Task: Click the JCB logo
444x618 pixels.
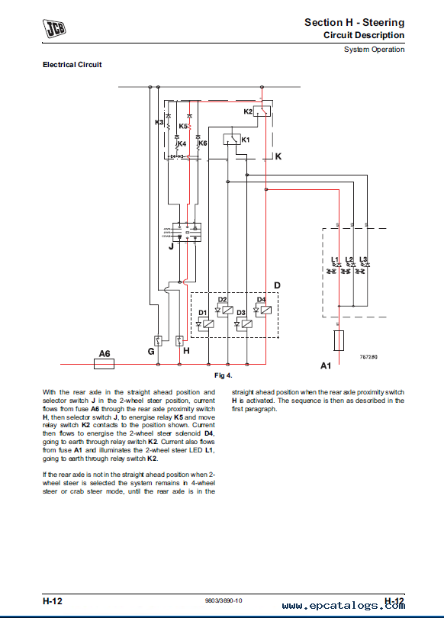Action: pyautogui.click(x=54, y=28)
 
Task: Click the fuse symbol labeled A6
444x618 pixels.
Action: pyautogui.click(x=104, y=364)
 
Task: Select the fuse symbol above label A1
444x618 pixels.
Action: pyautogui.click(x=339, y=340)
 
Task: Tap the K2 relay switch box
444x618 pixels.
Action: pyautogui.click(x=262, y=111)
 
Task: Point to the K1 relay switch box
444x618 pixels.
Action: pyautogui.click(x=232, y=139)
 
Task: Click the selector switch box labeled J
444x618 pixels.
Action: pyautogui.click(x=187, y=232)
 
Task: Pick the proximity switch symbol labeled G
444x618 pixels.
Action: pyautogui.click(x=158, y=341)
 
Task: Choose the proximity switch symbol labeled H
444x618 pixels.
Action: pyautogui.click(x=179, y=341)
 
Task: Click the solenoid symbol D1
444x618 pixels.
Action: pyautogui.click(x=205, y=324)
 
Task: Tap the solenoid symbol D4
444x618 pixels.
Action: pyautogui.click(x=262, y=311)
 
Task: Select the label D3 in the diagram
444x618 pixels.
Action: pyautogui.click(x=241, y=313)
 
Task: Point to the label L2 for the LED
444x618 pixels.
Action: pyautogui.click(x=349, y=259)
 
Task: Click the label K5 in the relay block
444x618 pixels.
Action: pyautogui.click(x=183, y=126)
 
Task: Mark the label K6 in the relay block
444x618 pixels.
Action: pyautogui.click(x=203, y=143)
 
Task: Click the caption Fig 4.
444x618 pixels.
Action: pyautogui.click(x=224, y=375)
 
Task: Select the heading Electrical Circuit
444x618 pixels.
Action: pyautogui.click(x=72, y=65)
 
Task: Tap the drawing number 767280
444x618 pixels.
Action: pyautogui.click(x=368, y=357)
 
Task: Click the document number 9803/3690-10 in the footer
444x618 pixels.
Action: pyautogui.click(x=224, y=600)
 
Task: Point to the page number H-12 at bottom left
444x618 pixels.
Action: pyautogui.click(x=53, y=601)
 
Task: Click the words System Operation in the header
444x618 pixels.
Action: pyautogui.click(x=375, y=50)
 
